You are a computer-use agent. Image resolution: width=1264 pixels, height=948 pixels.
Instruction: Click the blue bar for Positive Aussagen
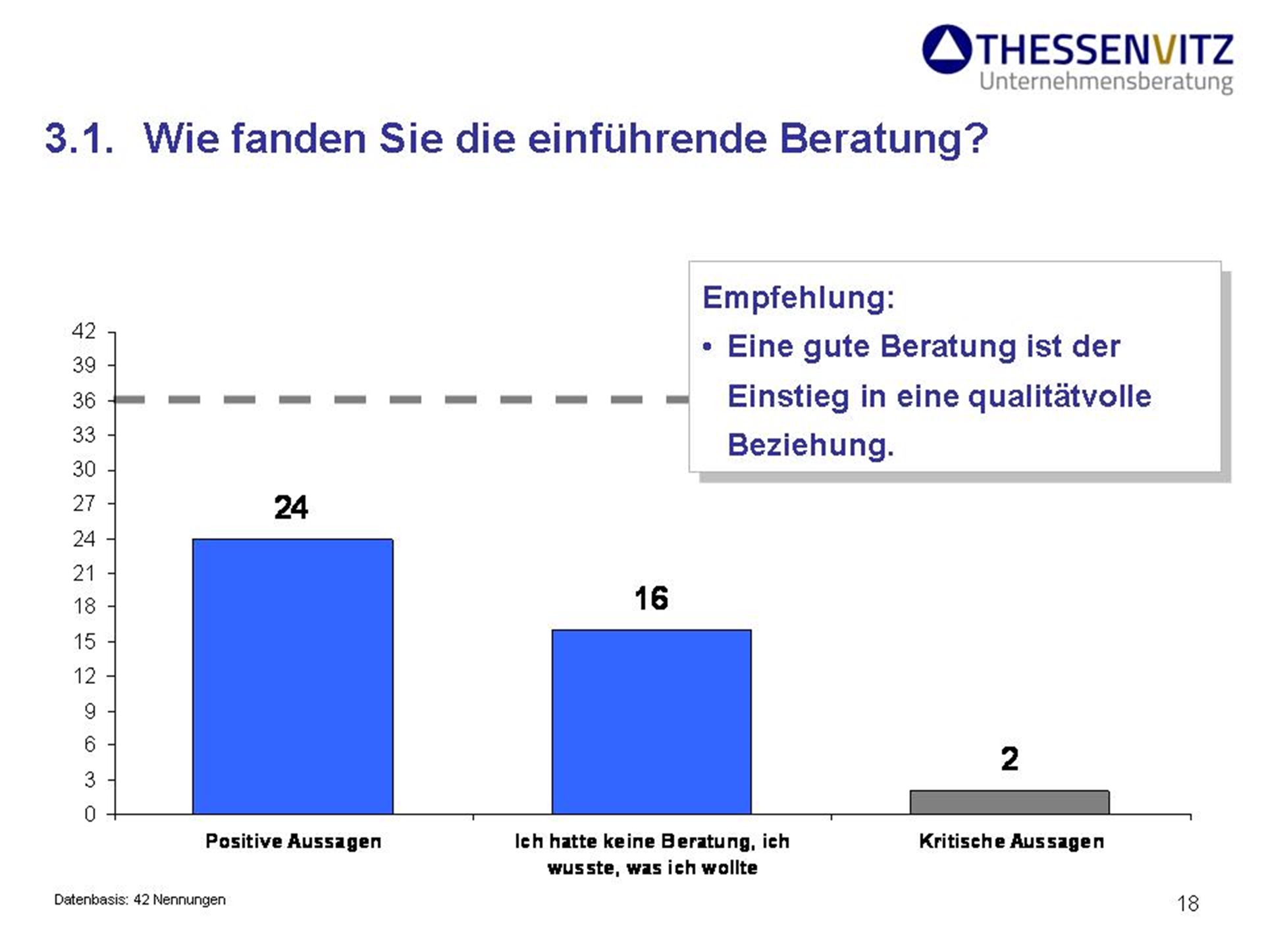[x=292, y=676]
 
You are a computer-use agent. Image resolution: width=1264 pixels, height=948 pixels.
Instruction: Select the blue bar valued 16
[x=651, y=722]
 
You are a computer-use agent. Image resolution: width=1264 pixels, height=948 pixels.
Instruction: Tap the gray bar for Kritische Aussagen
[x=1009, y=802]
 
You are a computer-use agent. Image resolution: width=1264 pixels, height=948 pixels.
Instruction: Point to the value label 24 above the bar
[x=291, y=508]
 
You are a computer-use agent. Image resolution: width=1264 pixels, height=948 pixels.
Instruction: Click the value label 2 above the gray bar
[x=1009, y=759]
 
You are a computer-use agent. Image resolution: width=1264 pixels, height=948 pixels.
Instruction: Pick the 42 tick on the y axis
[x=84, y=331]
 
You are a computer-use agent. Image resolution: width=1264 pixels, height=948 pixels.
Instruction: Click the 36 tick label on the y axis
[x=84, y=400]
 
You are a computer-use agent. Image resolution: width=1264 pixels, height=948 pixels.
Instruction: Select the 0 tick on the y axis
[x=90, y=814]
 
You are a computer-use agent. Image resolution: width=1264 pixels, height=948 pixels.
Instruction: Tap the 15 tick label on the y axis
[x=84, y=641]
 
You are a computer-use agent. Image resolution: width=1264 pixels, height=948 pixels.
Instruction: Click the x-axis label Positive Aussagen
[x=293, y=841]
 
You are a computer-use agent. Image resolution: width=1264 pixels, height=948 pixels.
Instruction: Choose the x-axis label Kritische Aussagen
[x=1011, y=841]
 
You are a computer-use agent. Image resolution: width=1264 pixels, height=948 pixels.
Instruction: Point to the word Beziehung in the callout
[x=810, y=445]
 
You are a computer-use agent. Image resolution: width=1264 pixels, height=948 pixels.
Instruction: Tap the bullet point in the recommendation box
[x=707, y=347]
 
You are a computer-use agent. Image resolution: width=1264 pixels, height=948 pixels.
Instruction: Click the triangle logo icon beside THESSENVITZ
[x=947, y=49]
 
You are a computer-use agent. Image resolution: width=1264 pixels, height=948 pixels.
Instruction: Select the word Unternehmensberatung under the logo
[x=1105, y=82]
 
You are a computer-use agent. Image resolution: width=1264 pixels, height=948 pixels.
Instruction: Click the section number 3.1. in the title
[x=79, y=139]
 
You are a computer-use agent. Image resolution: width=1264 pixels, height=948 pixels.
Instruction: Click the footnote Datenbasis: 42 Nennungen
[x=140, y=899]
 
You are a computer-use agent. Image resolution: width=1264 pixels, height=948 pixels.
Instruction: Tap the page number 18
[x=1188, y=903]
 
